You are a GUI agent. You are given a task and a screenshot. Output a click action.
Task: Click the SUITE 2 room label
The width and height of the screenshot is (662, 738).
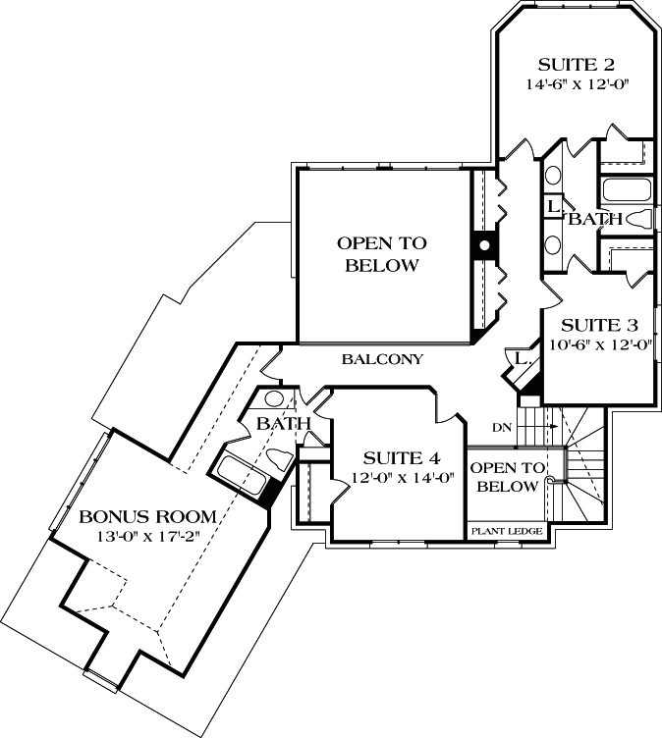577,66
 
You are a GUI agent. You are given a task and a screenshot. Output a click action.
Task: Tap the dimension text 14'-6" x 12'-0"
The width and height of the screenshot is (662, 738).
577,85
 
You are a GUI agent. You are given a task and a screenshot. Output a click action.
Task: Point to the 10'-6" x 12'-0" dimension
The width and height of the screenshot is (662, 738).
599,344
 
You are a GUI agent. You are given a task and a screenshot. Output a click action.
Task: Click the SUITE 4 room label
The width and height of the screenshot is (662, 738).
401,458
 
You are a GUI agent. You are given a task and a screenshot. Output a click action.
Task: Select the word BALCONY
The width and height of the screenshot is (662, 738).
382,360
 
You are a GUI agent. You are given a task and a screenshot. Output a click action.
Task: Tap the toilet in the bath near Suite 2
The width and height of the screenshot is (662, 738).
641,219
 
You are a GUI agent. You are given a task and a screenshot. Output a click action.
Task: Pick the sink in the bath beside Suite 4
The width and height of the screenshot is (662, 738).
275,399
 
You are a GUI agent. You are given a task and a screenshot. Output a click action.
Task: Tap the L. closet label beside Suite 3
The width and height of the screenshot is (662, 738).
523,361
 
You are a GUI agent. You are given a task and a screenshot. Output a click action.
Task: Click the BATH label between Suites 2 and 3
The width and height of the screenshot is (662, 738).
596,219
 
